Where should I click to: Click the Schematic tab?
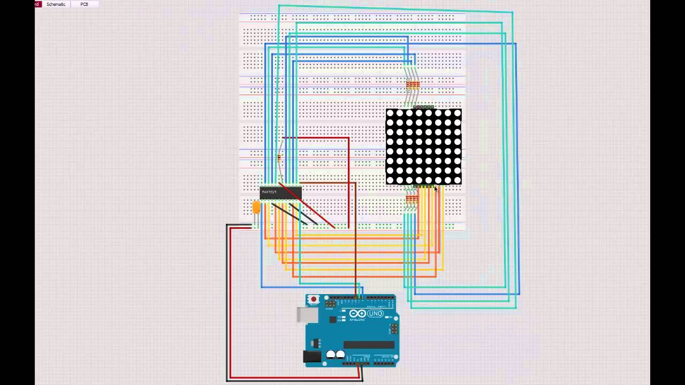(56, 4)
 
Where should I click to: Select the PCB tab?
(84, 4)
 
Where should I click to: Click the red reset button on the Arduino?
(314, 299)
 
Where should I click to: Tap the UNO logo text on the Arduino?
(375, 313)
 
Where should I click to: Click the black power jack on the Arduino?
(312, 356)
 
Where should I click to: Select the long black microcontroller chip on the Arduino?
(369, 345)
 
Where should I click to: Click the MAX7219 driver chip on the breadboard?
(280, 192)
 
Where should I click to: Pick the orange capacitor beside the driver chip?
(256, 207)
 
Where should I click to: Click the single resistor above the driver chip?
(279, 157)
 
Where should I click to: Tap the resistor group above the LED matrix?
(412, 84)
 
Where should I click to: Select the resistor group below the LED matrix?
(411, 199)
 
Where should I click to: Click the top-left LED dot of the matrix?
(390, 113)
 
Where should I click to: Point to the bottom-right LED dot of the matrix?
(457, 180)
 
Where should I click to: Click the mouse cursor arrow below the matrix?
(436, 189)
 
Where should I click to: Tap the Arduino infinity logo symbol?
(357, 313)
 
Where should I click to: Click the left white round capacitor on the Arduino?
(331, 354)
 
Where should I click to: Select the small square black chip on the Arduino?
(333, 319)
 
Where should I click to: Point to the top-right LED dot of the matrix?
(457, 113)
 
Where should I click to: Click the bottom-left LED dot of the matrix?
(390, 180)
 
